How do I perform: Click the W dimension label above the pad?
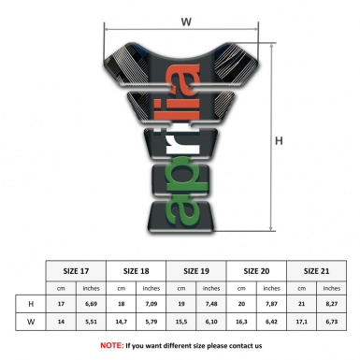click(x=185, y=20)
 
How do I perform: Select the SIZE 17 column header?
click(x=77, y=270)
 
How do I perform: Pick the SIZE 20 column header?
click(x=258, y=270)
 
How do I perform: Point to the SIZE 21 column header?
click(x=317, y=270)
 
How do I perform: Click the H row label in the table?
click(x=33, y=305)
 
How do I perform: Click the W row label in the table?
click(x=33, y=322)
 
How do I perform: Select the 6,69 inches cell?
click(x=92, y=305)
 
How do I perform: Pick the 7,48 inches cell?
click(x=212, y=305)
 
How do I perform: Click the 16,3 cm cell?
click(x=243, y=322)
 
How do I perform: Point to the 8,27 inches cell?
click(x=332, y=305)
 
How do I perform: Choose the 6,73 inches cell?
click(x=332, y=322)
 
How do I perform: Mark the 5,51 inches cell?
click(x=92, y=322)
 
